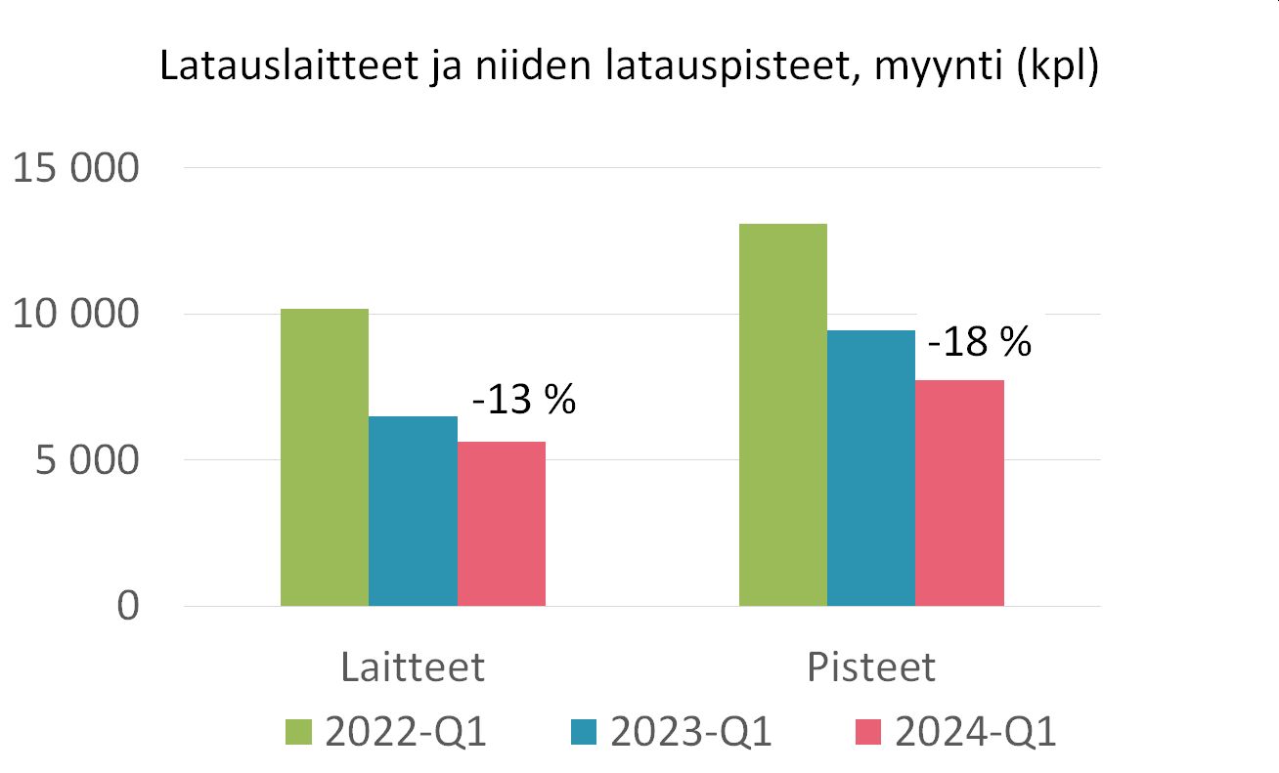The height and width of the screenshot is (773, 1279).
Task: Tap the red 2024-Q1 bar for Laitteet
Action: (x=502, y=524)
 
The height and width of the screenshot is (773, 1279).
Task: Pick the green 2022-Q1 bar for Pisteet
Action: (x=783, y=415)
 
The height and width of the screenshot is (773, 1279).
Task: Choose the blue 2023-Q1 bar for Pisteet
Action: (x=871, y=468)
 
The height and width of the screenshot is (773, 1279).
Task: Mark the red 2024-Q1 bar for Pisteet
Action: (x=959, y=493)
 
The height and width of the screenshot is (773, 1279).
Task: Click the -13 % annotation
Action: (x=523, y=401)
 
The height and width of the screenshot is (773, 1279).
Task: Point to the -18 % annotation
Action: (x=979, y=343)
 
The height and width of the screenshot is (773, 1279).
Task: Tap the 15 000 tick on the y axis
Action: (x=75, y=169)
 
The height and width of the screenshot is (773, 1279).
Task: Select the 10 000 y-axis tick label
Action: (x=75, y=315)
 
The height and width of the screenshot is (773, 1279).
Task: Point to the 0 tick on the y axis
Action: (x=127, y=606)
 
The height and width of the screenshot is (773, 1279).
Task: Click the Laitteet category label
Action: (x=413, y=666)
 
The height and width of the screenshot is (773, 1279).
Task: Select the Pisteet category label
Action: (x=871, y=666)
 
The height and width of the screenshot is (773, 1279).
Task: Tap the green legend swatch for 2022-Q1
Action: (x=299, y=731)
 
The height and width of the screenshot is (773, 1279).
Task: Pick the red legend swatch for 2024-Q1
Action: (x=869, y=731)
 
